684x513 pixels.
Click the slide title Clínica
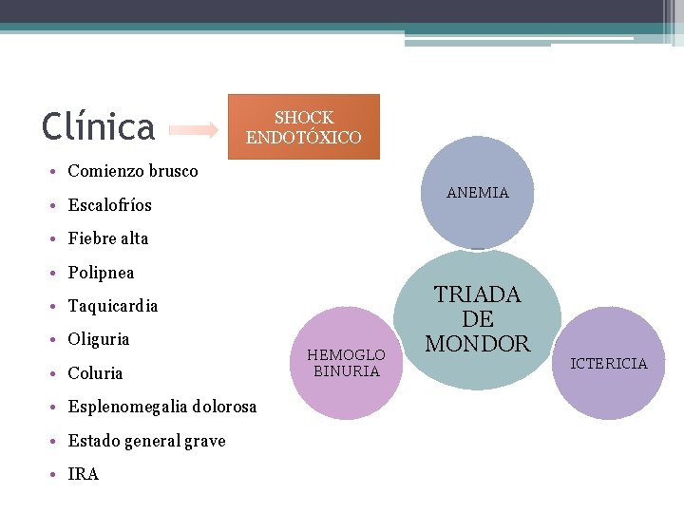point(99,126)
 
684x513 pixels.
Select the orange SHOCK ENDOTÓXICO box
point(303,126)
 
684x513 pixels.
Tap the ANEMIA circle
point(477,193)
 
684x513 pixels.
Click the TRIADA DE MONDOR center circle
point(477,319)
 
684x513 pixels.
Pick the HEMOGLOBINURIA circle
point(346,363)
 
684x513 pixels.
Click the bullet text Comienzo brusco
point(133,171)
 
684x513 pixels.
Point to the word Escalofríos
point(110,205)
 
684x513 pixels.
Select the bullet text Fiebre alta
point(108,238)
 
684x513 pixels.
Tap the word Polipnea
point(102,273)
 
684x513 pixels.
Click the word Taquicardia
point(113,306)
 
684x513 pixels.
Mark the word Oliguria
point(99,339)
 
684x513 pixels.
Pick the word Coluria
point(96,373)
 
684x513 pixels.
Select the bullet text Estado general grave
point(146,441)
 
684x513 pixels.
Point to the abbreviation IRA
point(84,474)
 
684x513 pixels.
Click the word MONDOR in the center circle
point(477,344)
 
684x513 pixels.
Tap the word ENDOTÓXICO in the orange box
point(303,138)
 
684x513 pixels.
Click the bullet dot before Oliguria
point(57,340)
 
